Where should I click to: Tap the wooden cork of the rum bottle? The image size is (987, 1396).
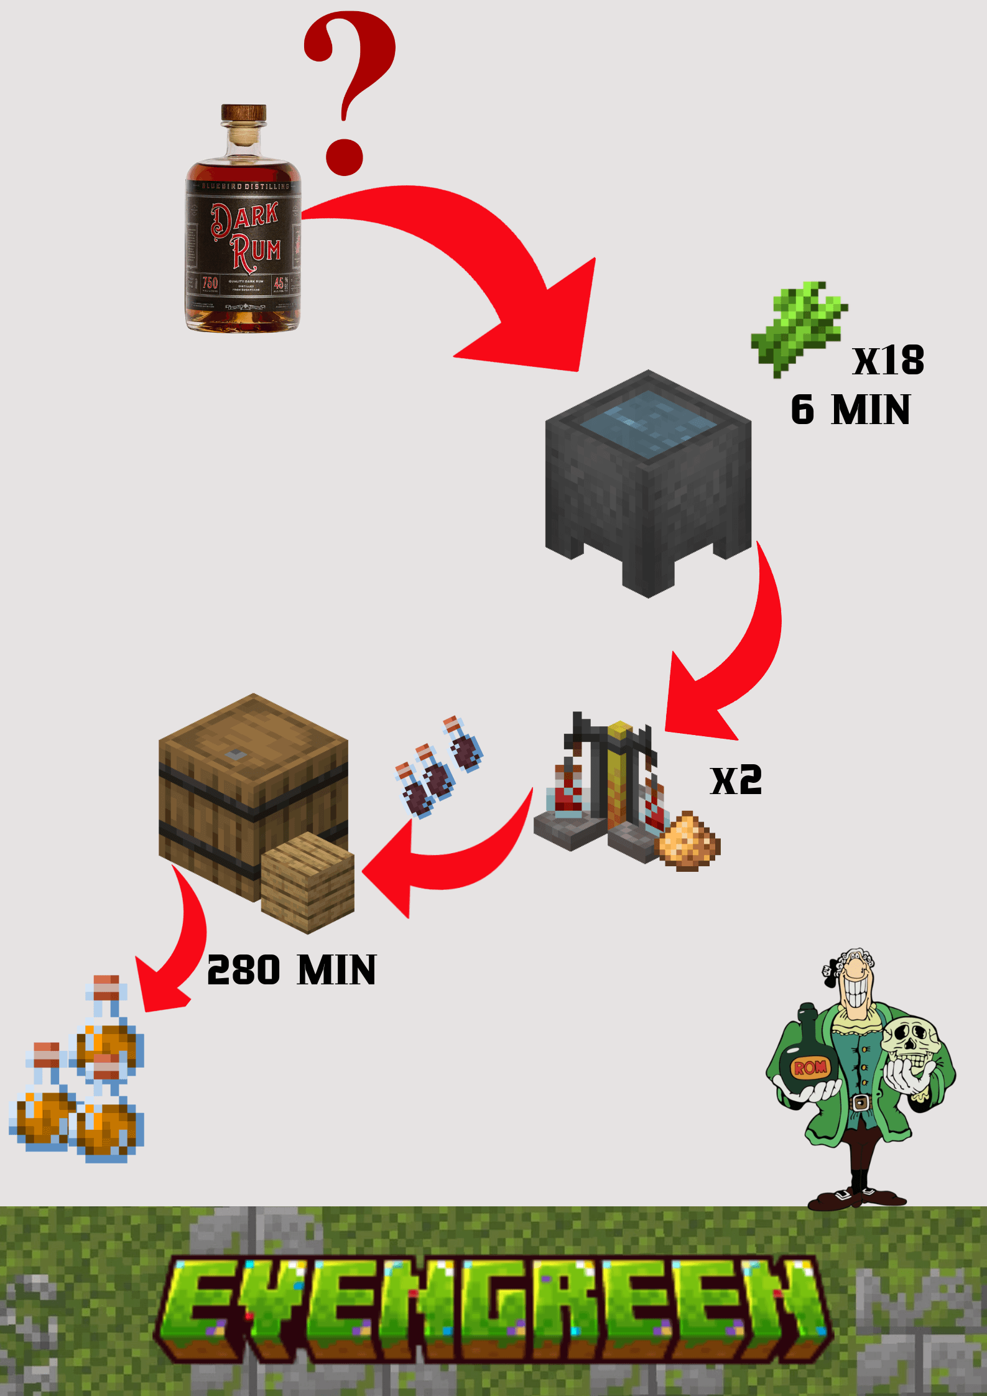click(x=244, y=113)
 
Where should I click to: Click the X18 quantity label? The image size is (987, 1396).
click(x=888, y=360)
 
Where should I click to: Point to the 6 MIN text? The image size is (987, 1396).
click(x=850, y=410)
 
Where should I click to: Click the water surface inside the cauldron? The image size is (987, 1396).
click(x=649, y=423)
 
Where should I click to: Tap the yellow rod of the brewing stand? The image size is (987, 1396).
click(x=619, y=777)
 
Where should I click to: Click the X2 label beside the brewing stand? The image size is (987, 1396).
click(x=736, y=780)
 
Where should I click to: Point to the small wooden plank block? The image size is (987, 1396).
click(x=308, y=883)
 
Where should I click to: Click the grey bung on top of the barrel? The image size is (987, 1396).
click(x=236, y=755)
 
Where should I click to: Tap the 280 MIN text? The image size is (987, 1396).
click(x=291, y=970)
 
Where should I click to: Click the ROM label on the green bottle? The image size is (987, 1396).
click(x=810, y=1067)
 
